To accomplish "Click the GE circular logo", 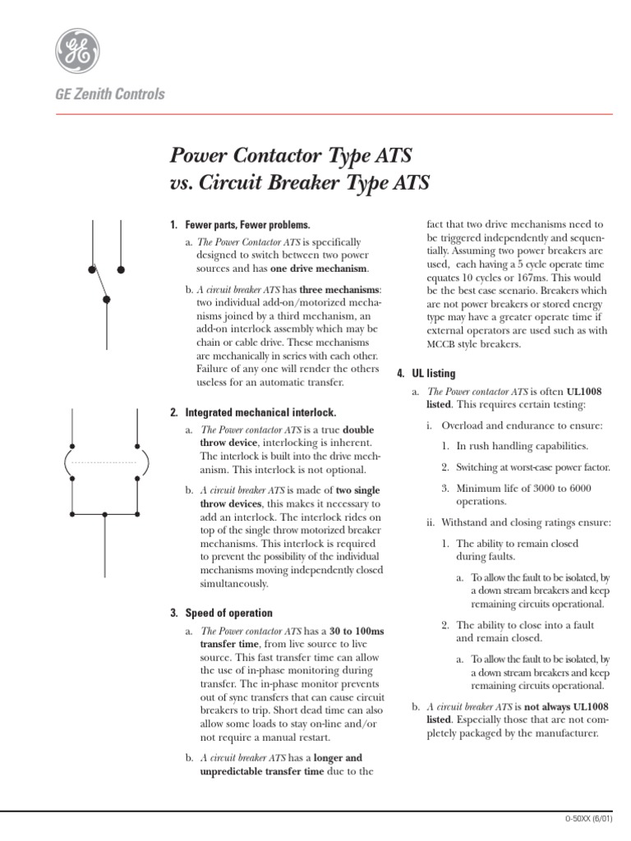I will (80, 48).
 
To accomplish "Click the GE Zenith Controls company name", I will (109, 94).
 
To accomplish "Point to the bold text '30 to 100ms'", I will (357, 630).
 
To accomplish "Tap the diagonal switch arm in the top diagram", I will (99, 284).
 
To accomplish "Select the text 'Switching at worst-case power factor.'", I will (533, 467).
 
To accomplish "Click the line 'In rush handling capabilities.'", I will (522, 446).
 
